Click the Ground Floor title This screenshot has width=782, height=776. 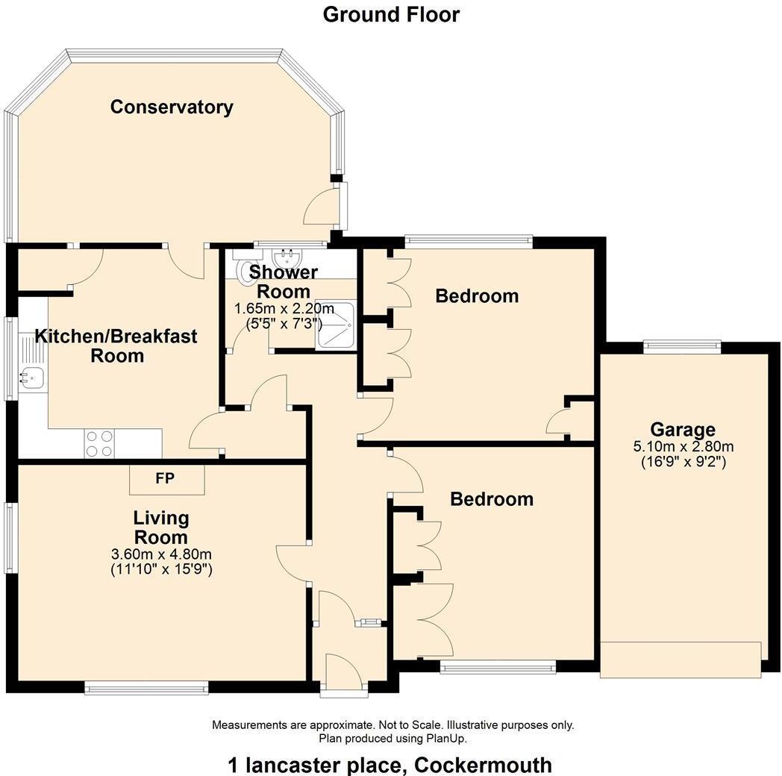tap(391, 14)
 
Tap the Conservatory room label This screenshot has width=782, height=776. tap(172, 107)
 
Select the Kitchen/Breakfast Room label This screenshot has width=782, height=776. tap(117, 345)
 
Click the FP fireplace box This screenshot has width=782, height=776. tap(166, 479)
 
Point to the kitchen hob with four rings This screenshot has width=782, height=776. tap(99, 443)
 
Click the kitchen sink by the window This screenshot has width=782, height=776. tap(31, 378)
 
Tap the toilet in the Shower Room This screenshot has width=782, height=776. tap(245, 270)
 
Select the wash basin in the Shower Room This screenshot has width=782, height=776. tap(287, 259)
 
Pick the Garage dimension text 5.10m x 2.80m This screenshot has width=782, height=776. tap(683, 447)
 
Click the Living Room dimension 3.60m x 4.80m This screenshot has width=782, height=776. tap(161, 554)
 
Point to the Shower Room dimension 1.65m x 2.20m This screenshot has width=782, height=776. tap(283, 309)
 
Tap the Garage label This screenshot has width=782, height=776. tap(682, 429)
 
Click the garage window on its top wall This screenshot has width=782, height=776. tap(682, 345)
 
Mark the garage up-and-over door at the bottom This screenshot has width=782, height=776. tap(680, 660)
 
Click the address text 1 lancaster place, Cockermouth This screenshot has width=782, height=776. tap(390, 765)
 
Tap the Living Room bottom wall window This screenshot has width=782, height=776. tap(146, 687)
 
